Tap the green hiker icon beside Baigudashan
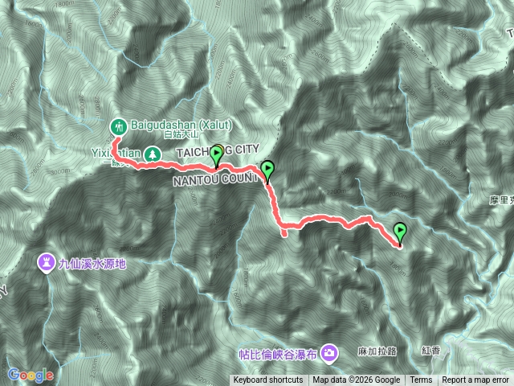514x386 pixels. (119, 126)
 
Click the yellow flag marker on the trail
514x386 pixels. (216, 154)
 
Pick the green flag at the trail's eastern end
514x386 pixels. (400, 232)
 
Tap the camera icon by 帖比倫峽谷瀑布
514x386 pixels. (329, 352)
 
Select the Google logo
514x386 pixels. (31, 375)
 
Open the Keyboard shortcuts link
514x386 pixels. (268, 380)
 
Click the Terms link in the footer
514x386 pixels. (421, 380)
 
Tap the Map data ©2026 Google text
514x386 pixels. (357, 380)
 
